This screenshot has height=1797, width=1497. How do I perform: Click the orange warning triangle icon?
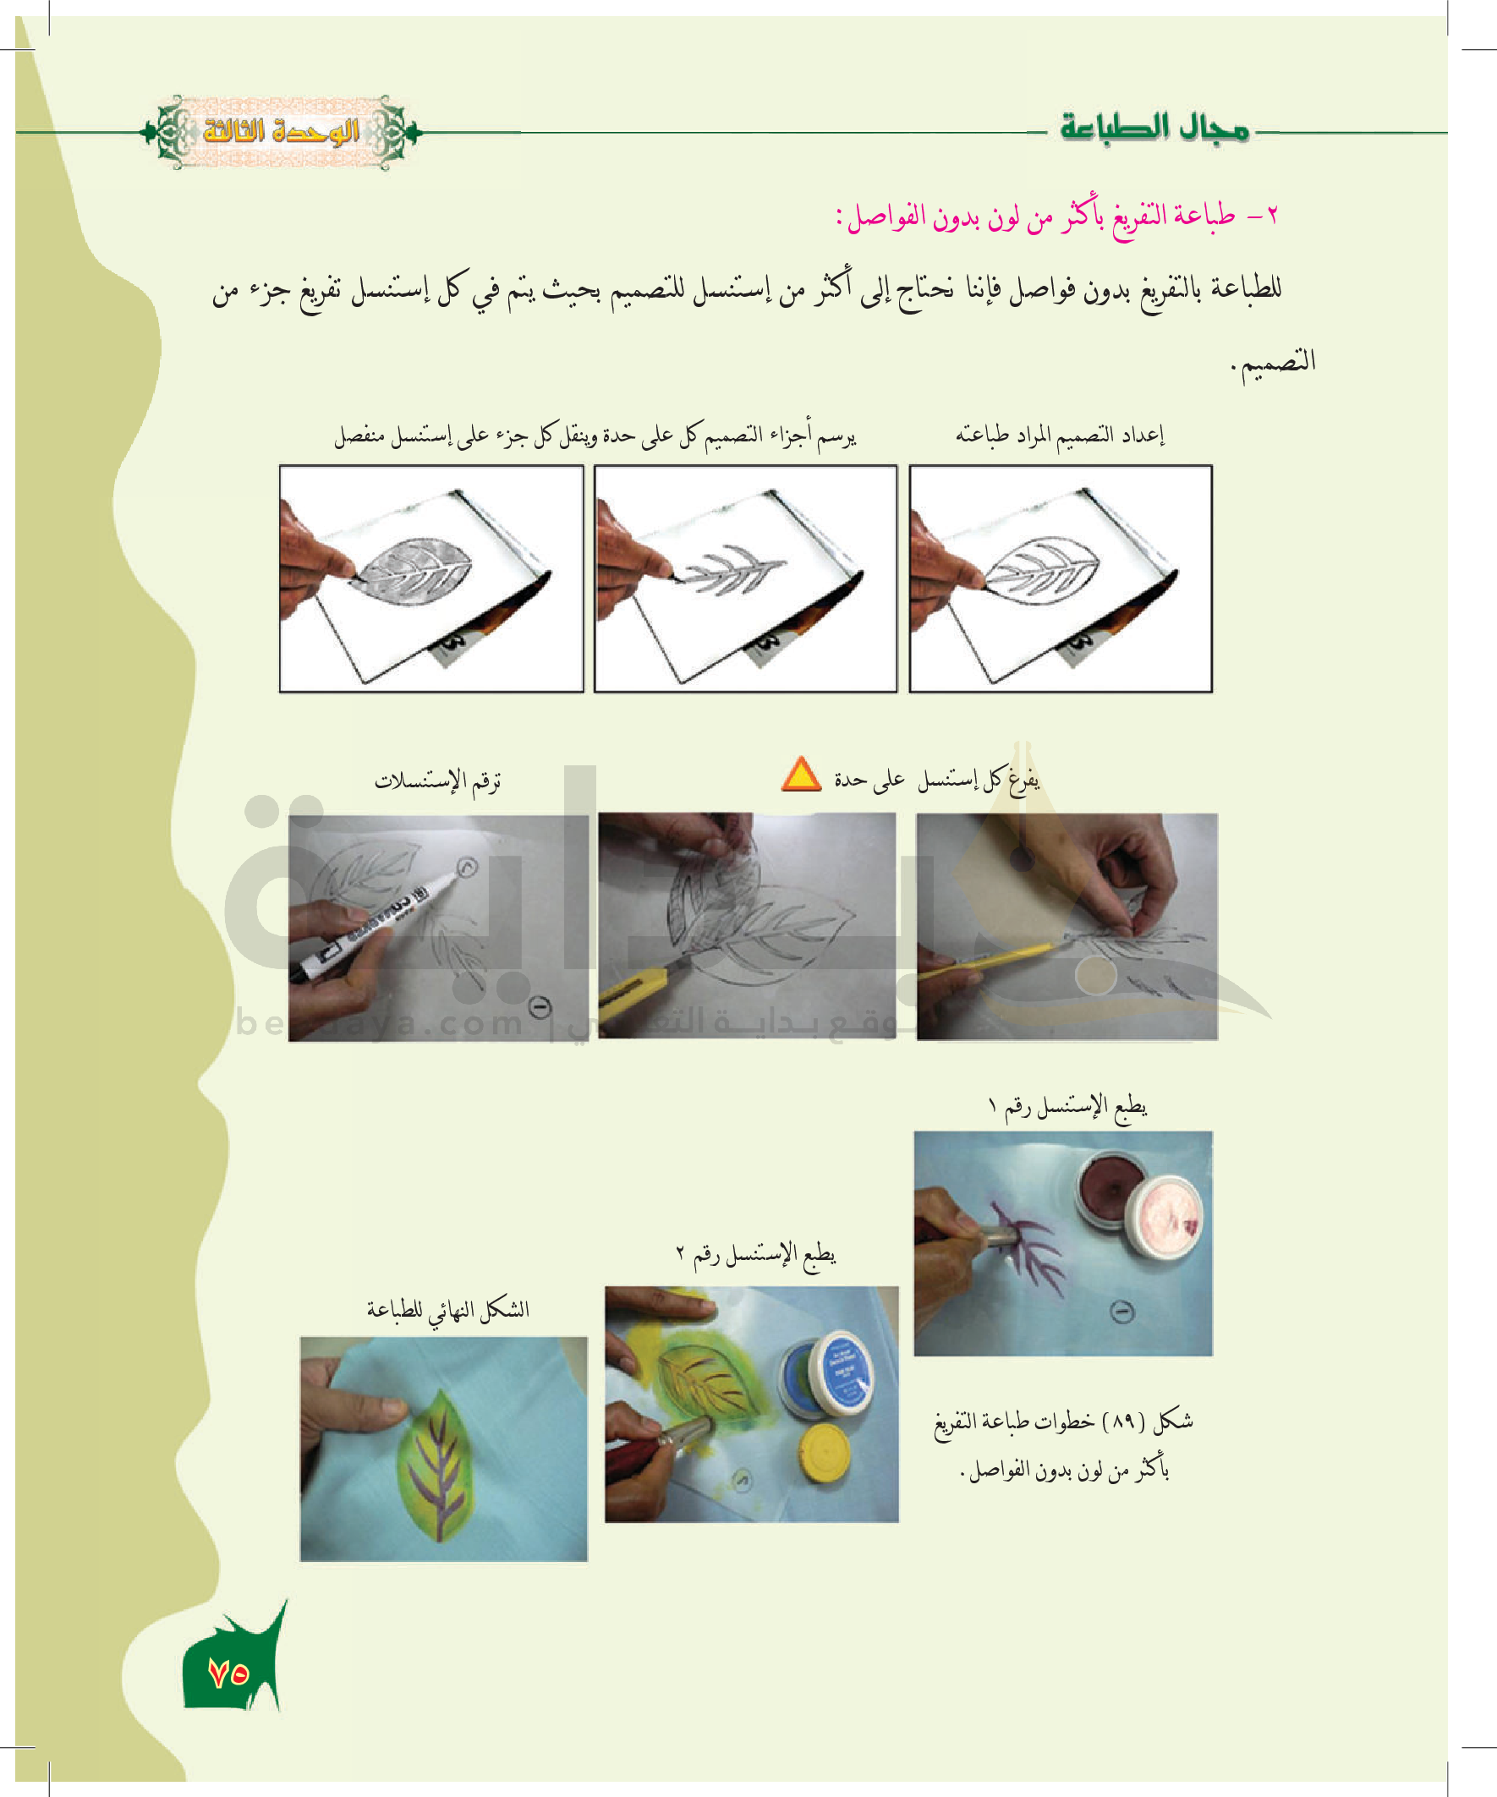click(801, 775)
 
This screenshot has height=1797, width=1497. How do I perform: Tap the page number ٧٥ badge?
click(228, 1673)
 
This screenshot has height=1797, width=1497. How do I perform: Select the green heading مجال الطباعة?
click(1154, 129)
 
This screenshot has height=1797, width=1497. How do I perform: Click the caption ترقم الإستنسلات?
click(437, 780)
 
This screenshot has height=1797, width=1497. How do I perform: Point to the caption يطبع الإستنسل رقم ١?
click(1067, 1106)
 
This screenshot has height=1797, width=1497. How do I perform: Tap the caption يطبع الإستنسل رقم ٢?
click(756, 1253)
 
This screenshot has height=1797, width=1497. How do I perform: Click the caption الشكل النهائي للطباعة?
click(447, 1309)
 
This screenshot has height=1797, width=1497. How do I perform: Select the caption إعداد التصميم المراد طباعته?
click(1060, 435)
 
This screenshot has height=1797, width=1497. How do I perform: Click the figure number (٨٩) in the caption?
click(1123, 1422)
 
